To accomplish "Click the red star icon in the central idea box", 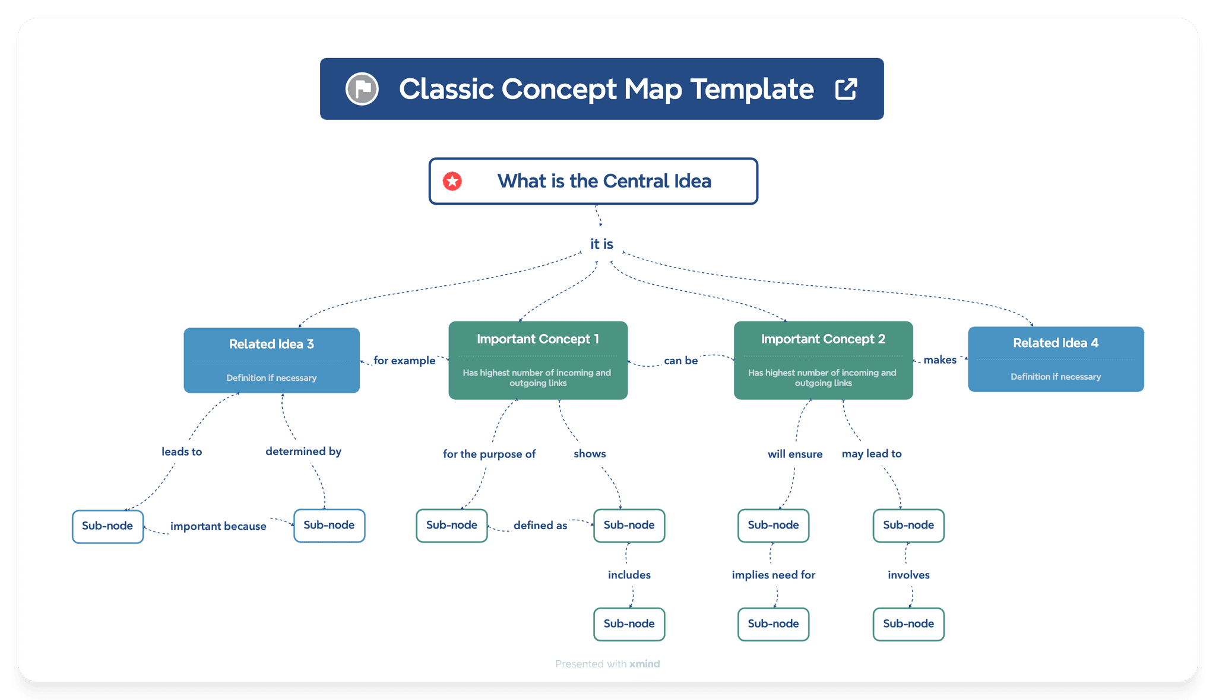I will coord(452,182).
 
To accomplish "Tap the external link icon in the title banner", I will coord(846,89).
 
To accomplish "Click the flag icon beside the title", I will coord(362,89).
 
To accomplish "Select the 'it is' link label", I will coord(601,244).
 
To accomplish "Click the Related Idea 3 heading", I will coord(271,344).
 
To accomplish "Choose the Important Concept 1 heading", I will coord(537,339).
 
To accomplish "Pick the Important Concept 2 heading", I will coord(823,339).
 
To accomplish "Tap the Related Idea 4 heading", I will coord(1055,343).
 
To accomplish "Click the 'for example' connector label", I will coord(404,361).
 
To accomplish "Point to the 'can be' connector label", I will coord(680,361).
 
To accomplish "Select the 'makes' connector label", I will coord(940,360).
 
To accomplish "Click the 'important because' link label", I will coord(218,526).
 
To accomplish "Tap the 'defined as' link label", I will coord(540,526).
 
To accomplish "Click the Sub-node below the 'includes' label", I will coord(629,624).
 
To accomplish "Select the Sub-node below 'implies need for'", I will coord(773,624).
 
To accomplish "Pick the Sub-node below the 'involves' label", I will coord(908,624).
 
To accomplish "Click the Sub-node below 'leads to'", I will coord(107,526).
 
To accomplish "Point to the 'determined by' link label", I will coord(303,451).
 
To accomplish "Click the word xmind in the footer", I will coord(645,664).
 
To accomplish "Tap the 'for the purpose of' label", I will coord(489,454).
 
